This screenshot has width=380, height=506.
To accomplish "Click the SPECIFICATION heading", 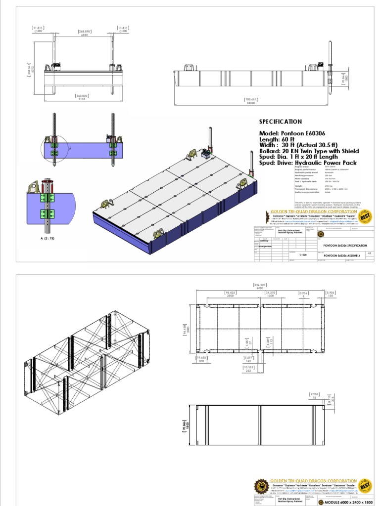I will (281, 122).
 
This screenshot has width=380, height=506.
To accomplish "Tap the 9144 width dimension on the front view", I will (81, 99).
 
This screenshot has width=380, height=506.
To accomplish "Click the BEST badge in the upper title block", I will (366, 216).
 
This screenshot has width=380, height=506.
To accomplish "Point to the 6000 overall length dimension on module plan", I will (259, 288).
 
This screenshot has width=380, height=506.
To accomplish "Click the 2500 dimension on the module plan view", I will (230, 295).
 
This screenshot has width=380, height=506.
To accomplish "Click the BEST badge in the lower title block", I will (366, 486).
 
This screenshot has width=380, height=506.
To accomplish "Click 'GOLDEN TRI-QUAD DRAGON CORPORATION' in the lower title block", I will (313, 481).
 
